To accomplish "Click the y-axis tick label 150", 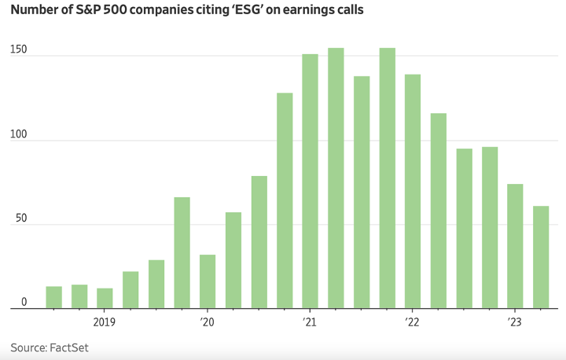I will click(x=18, y=50).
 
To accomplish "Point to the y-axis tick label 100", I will click(x=18, y=134).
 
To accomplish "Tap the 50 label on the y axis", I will click(x=20, y=219).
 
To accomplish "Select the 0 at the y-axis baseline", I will click(x=24, y=303).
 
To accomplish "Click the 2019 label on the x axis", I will click(x=105, y=322).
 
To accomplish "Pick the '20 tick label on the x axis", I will click(x=207, y=322).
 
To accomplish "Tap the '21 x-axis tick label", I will click(x=309, y=322).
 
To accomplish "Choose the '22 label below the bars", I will click(x=412, y=322).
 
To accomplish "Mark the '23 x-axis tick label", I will click(x=514, y=322).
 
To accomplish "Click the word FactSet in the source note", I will click(x=74, y=347).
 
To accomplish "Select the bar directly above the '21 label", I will click(x=310, y=181).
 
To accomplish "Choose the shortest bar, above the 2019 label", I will click(x=105, y=299).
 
